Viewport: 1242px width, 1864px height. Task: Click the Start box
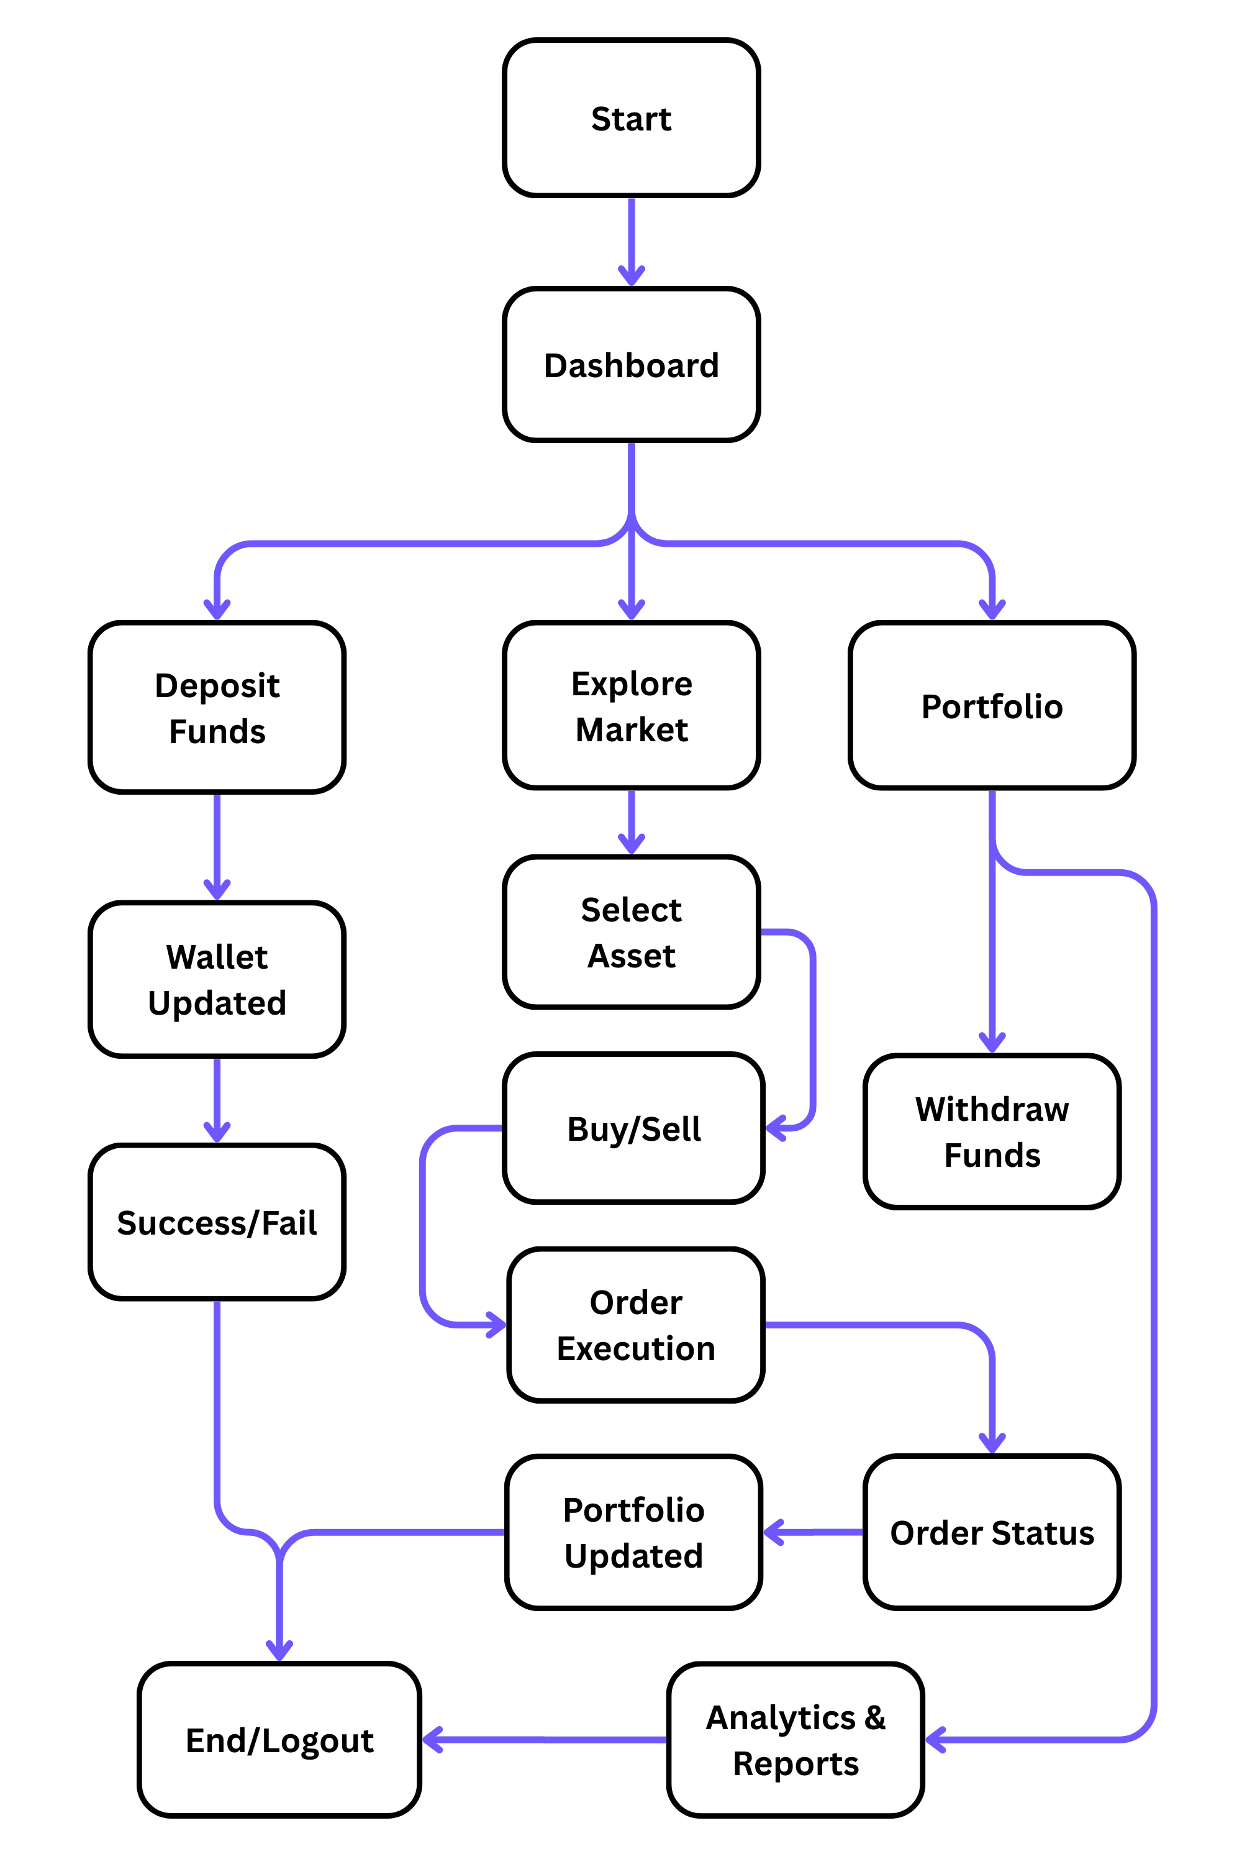click(632, 118)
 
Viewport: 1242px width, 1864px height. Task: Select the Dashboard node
click(632, 365)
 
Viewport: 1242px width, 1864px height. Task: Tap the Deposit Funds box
click(217, 707)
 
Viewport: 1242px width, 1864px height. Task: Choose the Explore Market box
click(632, 705)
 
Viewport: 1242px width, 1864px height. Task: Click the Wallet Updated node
click(217, 980)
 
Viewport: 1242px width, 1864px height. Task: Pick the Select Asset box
click(632, 932)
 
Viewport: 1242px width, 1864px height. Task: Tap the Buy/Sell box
click(633, 1128)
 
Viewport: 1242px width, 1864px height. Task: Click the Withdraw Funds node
click(992, 1131)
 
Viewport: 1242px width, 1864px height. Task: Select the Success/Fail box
click(217, 1222)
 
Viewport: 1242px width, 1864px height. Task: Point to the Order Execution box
click(635, 1325)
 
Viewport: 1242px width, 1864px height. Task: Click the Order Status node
click(992, 1533)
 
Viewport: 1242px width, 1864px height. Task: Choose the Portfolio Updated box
click(633, 1533)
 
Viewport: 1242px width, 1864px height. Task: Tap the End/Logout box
click(279, 1740)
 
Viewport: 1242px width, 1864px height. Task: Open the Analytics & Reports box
click(796, 1740)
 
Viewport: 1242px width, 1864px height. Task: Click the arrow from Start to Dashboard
click(632, 242)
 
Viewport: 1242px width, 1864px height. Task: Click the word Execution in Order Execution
click(635, 1349)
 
